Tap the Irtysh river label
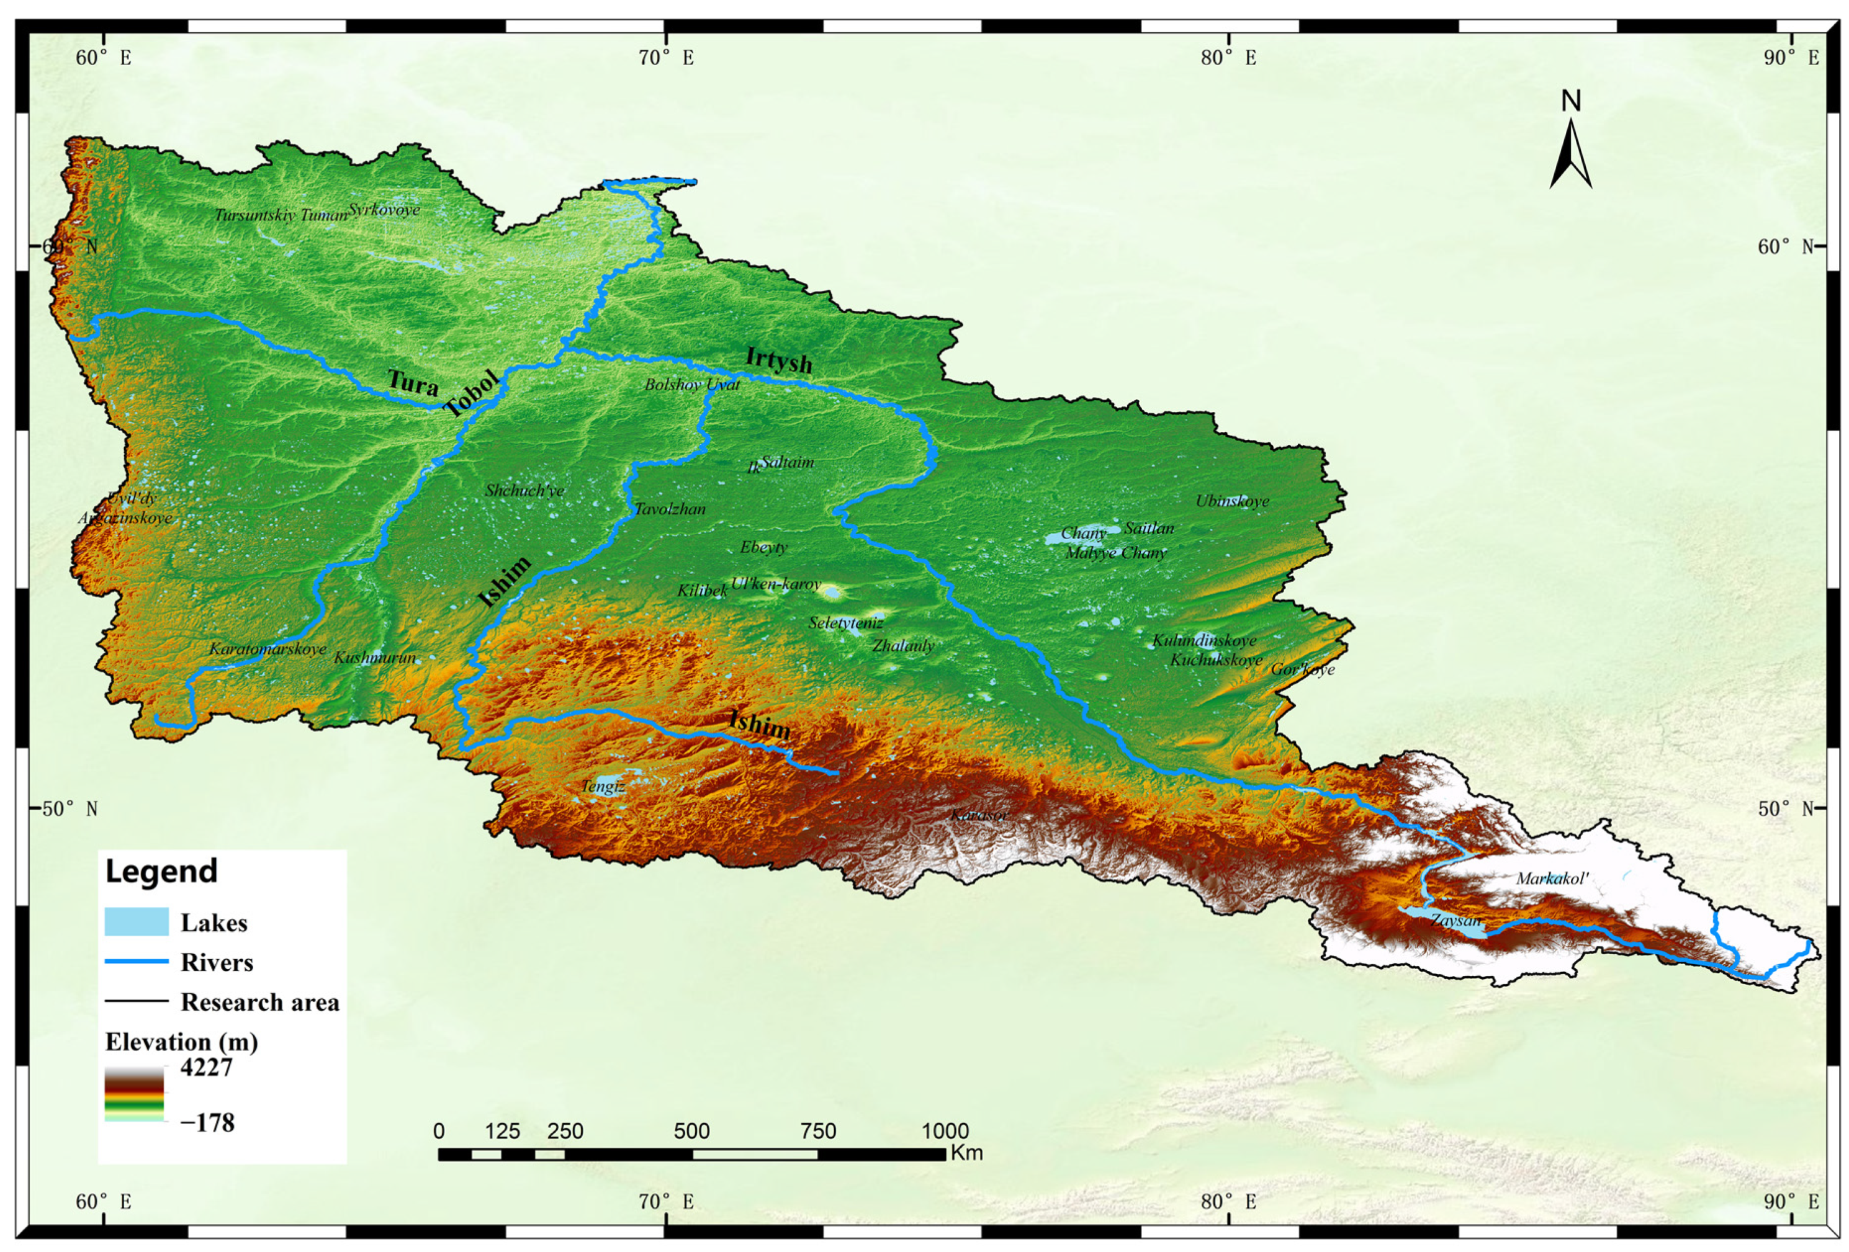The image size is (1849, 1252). click(x=779, y=360)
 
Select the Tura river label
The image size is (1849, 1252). click(x=413, y=383)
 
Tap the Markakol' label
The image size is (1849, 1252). click(x=1552, y=878)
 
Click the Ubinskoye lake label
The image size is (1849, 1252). click(x=1231, y=501)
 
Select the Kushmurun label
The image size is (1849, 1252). click(x=374, y=658)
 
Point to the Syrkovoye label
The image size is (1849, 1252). click(x=384, y=209)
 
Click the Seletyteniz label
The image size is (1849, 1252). click(x=846, y=622)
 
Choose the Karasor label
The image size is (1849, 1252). click(x=979, y=815)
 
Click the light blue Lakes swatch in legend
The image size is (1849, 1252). click(x=136, y=921)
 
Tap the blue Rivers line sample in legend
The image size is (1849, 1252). click(x=136, y=961)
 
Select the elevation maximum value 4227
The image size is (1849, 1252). click(x=206, y=1066)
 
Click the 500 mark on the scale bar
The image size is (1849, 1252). click(x=691, y=1130)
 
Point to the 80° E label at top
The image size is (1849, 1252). click(x=1228, y=57)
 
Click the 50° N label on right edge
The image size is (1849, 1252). click(x=1784, y=809)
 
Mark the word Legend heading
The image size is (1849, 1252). click(x=161, y=871)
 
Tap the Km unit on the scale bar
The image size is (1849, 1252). click(x=966, y=1153)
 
